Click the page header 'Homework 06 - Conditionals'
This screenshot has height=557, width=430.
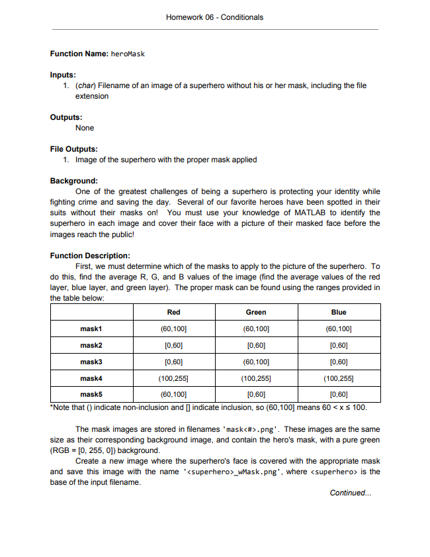[x=215, y=17]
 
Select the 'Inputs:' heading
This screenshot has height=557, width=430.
[x=63, y=75]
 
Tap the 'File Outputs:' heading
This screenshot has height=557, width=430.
[x=74, y=149]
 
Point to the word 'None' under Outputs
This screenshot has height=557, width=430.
[x=85, y=128]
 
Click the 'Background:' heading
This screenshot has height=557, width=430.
[x=74, y=181]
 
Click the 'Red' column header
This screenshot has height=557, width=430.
[x=174, y=312]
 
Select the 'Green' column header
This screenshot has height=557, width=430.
[x=256, y=312]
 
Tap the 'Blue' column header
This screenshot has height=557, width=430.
[x=339, y=312]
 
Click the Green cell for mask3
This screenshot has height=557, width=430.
[x=256, y=362]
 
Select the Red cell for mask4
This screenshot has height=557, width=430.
[x=174, y=378]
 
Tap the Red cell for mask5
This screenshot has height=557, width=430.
[x=174, y=395]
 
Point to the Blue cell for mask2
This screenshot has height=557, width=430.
[x=339, y=345]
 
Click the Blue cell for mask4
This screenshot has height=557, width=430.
[x=339, y=378]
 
